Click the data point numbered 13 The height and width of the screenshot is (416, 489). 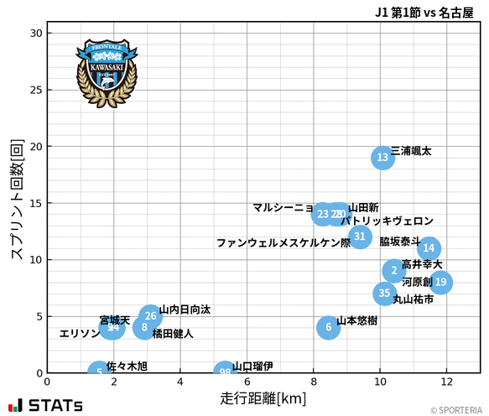point(382,158)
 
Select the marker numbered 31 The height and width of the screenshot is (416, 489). point(360,237)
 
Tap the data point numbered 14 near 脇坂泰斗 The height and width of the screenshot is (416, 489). point(429,248)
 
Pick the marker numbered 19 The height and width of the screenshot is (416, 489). point(440,282)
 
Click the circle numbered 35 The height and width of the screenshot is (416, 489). point(384,294)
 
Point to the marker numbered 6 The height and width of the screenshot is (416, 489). point(329,327)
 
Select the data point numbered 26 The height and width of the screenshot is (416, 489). point(150,316)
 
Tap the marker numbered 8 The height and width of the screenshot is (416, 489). point(144,327)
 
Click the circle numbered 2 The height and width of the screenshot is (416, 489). point(394,271)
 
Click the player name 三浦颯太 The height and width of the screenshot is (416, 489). point(411,152)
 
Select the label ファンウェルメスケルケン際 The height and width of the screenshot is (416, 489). point(284,243)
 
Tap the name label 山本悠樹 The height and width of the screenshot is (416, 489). point(356,321)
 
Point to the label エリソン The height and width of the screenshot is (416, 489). point(80,334)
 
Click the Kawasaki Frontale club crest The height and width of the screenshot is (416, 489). point(107,73)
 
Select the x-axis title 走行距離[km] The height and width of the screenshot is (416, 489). point(263,397)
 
